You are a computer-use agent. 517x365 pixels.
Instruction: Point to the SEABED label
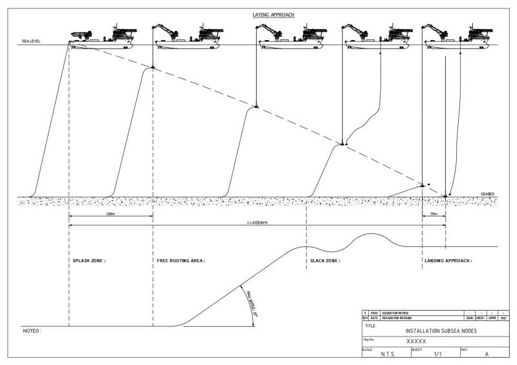[487, 194]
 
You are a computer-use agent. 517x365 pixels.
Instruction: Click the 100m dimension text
[110, 213]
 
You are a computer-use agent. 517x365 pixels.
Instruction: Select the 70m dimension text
[434, 213]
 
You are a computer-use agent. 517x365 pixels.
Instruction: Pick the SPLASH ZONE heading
[88, 261]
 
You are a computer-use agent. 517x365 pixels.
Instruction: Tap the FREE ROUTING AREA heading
[181, 261]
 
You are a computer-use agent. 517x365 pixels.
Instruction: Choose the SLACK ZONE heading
[322, 261]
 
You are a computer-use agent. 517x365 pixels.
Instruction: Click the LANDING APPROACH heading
[448, 261]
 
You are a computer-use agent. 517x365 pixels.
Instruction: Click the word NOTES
[32, 331]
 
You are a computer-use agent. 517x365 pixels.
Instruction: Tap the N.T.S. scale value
[388, 355]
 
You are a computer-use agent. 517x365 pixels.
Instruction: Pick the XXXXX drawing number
[415, 340]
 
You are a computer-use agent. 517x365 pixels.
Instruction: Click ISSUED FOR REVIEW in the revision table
[396, 313]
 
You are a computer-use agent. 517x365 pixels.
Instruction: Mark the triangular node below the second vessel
[153, 67]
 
